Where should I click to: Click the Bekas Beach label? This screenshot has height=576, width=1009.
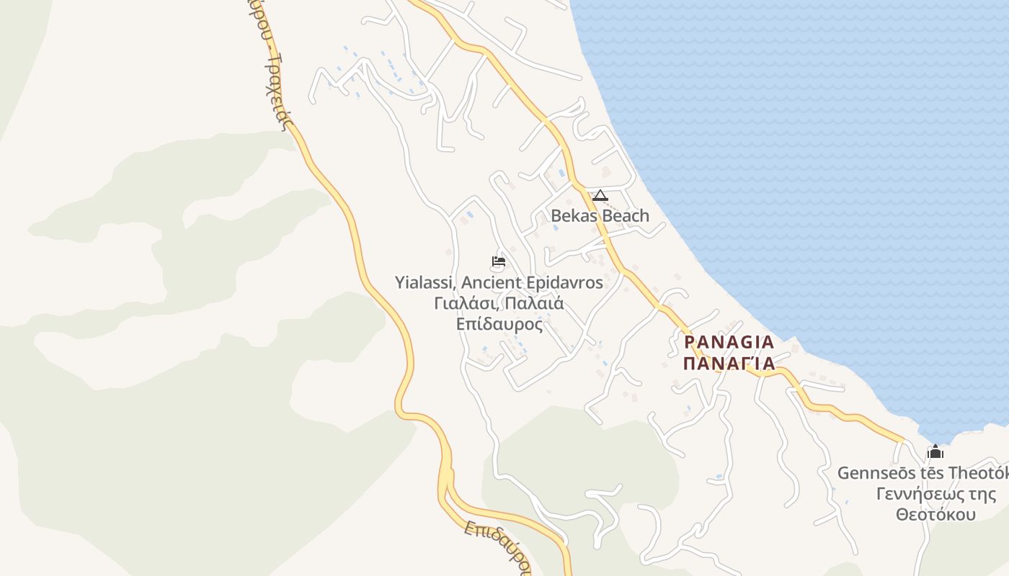tap(600, 215)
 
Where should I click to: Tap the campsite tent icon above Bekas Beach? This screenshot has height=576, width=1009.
tap(600, 195)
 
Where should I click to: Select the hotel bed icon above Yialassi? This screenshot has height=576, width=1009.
tap(498, 261)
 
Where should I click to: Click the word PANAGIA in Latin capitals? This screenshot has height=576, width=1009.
tap(729, 342)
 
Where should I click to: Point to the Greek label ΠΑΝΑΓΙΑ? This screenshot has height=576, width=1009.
tap(729, 363)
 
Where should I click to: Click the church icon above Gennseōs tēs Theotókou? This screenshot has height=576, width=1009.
tap(935, 452)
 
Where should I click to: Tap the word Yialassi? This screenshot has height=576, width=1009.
tap(423, 283)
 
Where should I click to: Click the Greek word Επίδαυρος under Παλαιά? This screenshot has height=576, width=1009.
tap(499, 324)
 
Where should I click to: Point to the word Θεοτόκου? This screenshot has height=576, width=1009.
tap(935, 515)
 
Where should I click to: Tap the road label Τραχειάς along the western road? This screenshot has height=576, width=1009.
tap(277, 94)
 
